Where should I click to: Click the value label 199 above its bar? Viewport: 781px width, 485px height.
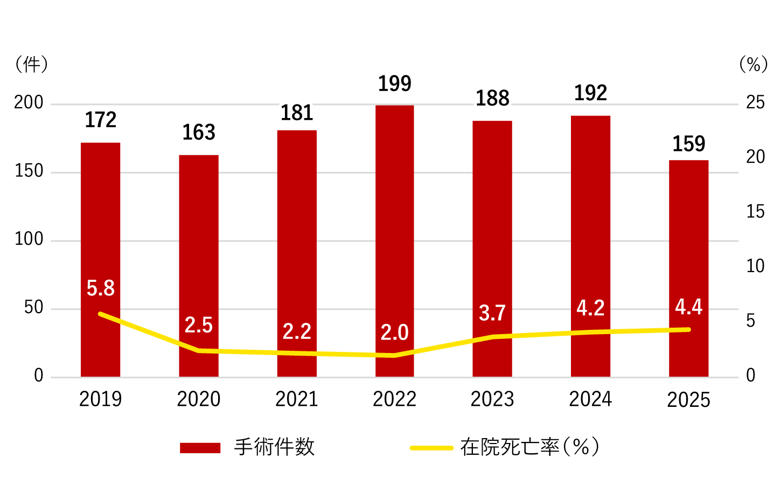395,84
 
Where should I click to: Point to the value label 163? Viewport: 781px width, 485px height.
199,133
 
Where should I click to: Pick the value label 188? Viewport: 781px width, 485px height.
492,99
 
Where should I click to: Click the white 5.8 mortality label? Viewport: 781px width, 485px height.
101,288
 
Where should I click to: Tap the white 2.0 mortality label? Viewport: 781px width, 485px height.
395,332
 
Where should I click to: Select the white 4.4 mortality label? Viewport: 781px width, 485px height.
688,307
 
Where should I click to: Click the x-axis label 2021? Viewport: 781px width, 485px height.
297,399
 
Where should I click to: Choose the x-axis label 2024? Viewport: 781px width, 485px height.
590,399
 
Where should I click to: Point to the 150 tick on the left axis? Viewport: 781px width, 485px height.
29,171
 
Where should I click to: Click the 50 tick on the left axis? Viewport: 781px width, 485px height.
34,308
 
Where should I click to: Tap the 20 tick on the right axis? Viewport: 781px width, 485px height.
755,157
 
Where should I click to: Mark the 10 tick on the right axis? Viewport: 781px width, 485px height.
755,266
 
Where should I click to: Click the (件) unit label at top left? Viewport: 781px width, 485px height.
32,65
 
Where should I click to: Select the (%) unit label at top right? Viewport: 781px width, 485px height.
754,65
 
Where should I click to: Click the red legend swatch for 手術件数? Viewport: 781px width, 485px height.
200,448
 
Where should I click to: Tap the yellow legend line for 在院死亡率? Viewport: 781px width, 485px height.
431,448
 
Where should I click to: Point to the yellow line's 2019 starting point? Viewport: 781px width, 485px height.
101,314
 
